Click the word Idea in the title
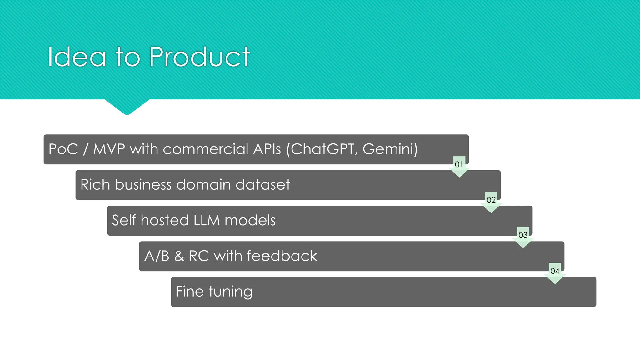point(77,57)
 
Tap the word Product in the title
point(199,57)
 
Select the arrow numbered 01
point(459,166)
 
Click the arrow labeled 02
point(491,202)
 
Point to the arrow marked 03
point(523,237)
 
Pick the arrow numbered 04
point(555,272)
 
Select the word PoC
point(63,149)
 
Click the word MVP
point(109,149)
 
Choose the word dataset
point(263,185)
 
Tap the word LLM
point(207,220)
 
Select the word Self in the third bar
point(124,220)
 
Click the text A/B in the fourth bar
point(157,256)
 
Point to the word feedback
point(282,256)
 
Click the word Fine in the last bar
point(190,292)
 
